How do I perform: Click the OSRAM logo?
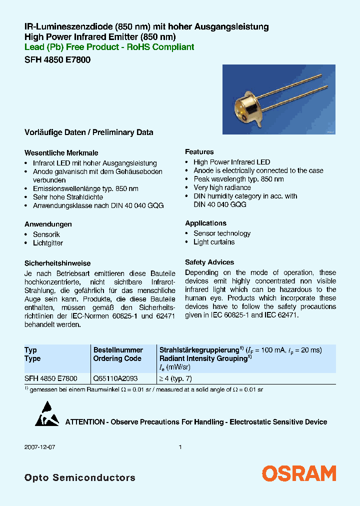[x=299, y=473]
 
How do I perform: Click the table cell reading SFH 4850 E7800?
[x=51, y=378]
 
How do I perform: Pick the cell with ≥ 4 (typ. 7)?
[x=178, y=378]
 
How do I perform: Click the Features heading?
[x=199, y=151]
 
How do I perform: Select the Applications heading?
[x=205, y=223]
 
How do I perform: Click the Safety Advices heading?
[x=209, y=262]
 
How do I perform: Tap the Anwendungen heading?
[x=48, y=224]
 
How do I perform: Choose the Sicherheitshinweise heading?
[x=57, y=263]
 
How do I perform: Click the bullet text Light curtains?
[x=214, y=242]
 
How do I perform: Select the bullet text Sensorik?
[x=46, y=234]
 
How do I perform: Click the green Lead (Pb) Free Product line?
[x=109, y=47]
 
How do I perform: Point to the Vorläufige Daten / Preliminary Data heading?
[x=88, y=132]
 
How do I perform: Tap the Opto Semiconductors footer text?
[x=79, y=477]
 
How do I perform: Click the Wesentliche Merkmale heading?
[x=61, y=153]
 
